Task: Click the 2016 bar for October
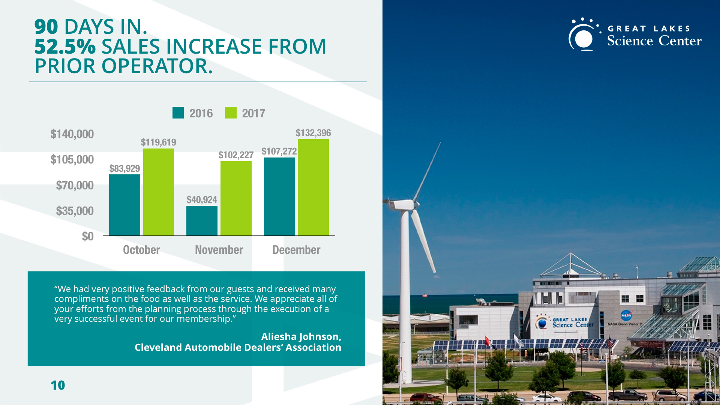click(x=124, y=205)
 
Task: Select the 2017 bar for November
click(x=236, y=198)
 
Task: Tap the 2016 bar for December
click(x=279, y=196)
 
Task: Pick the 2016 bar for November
click(x=202, y=220)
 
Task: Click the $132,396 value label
click(x=313, y=133)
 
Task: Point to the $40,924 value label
click(x=202, y=199)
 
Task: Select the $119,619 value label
click(x=158, y=142)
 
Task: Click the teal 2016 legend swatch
click(x=178, y=113)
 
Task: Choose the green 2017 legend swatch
click(x=231, y=113)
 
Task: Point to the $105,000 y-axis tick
click(x=72, y=159)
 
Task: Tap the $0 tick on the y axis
click(x=88, y=236)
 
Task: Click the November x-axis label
click(x=219, y=250)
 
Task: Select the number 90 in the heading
click(x=46, y=27)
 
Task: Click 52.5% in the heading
click(x=65, y=46)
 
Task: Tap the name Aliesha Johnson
click(x=301, y=337)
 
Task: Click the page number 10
click(x=58, y=385)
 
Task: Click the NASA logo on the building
click(x=626, y=315)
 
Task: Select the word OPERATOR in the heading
click(x=157, y=66)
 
